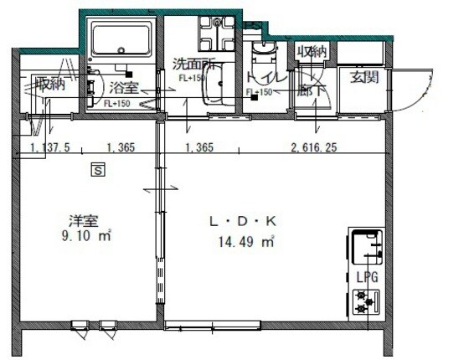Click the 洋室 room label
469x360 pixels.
[x=84, y=222]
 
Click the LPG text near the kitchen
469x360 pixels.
[x=364, y=275]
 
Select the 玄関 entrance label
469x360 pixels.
[x=363, y=78]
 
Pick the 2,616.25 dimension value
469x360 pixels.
[x=314, y=148]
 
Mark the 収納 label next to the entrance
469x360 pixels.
[x=312, y=51]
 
